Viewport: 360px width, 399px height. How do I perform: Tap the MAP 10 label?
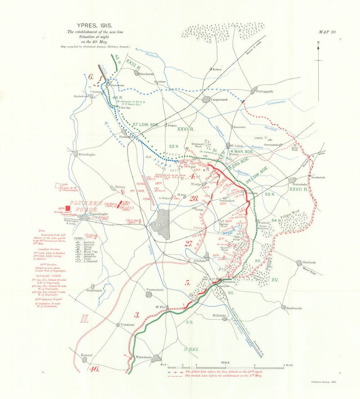[x=327, y=32]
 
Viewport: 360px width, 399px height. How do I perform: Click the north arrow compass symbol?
[x=318, y=54]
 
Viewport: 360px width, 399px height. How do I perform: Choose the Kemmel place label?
[x=87, y=355]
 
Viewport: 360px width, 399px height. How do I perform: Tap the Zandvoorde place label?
[x=294, y=308]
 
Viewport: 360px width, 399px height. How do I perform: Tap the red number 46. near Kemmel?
[x=94, y=369]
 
